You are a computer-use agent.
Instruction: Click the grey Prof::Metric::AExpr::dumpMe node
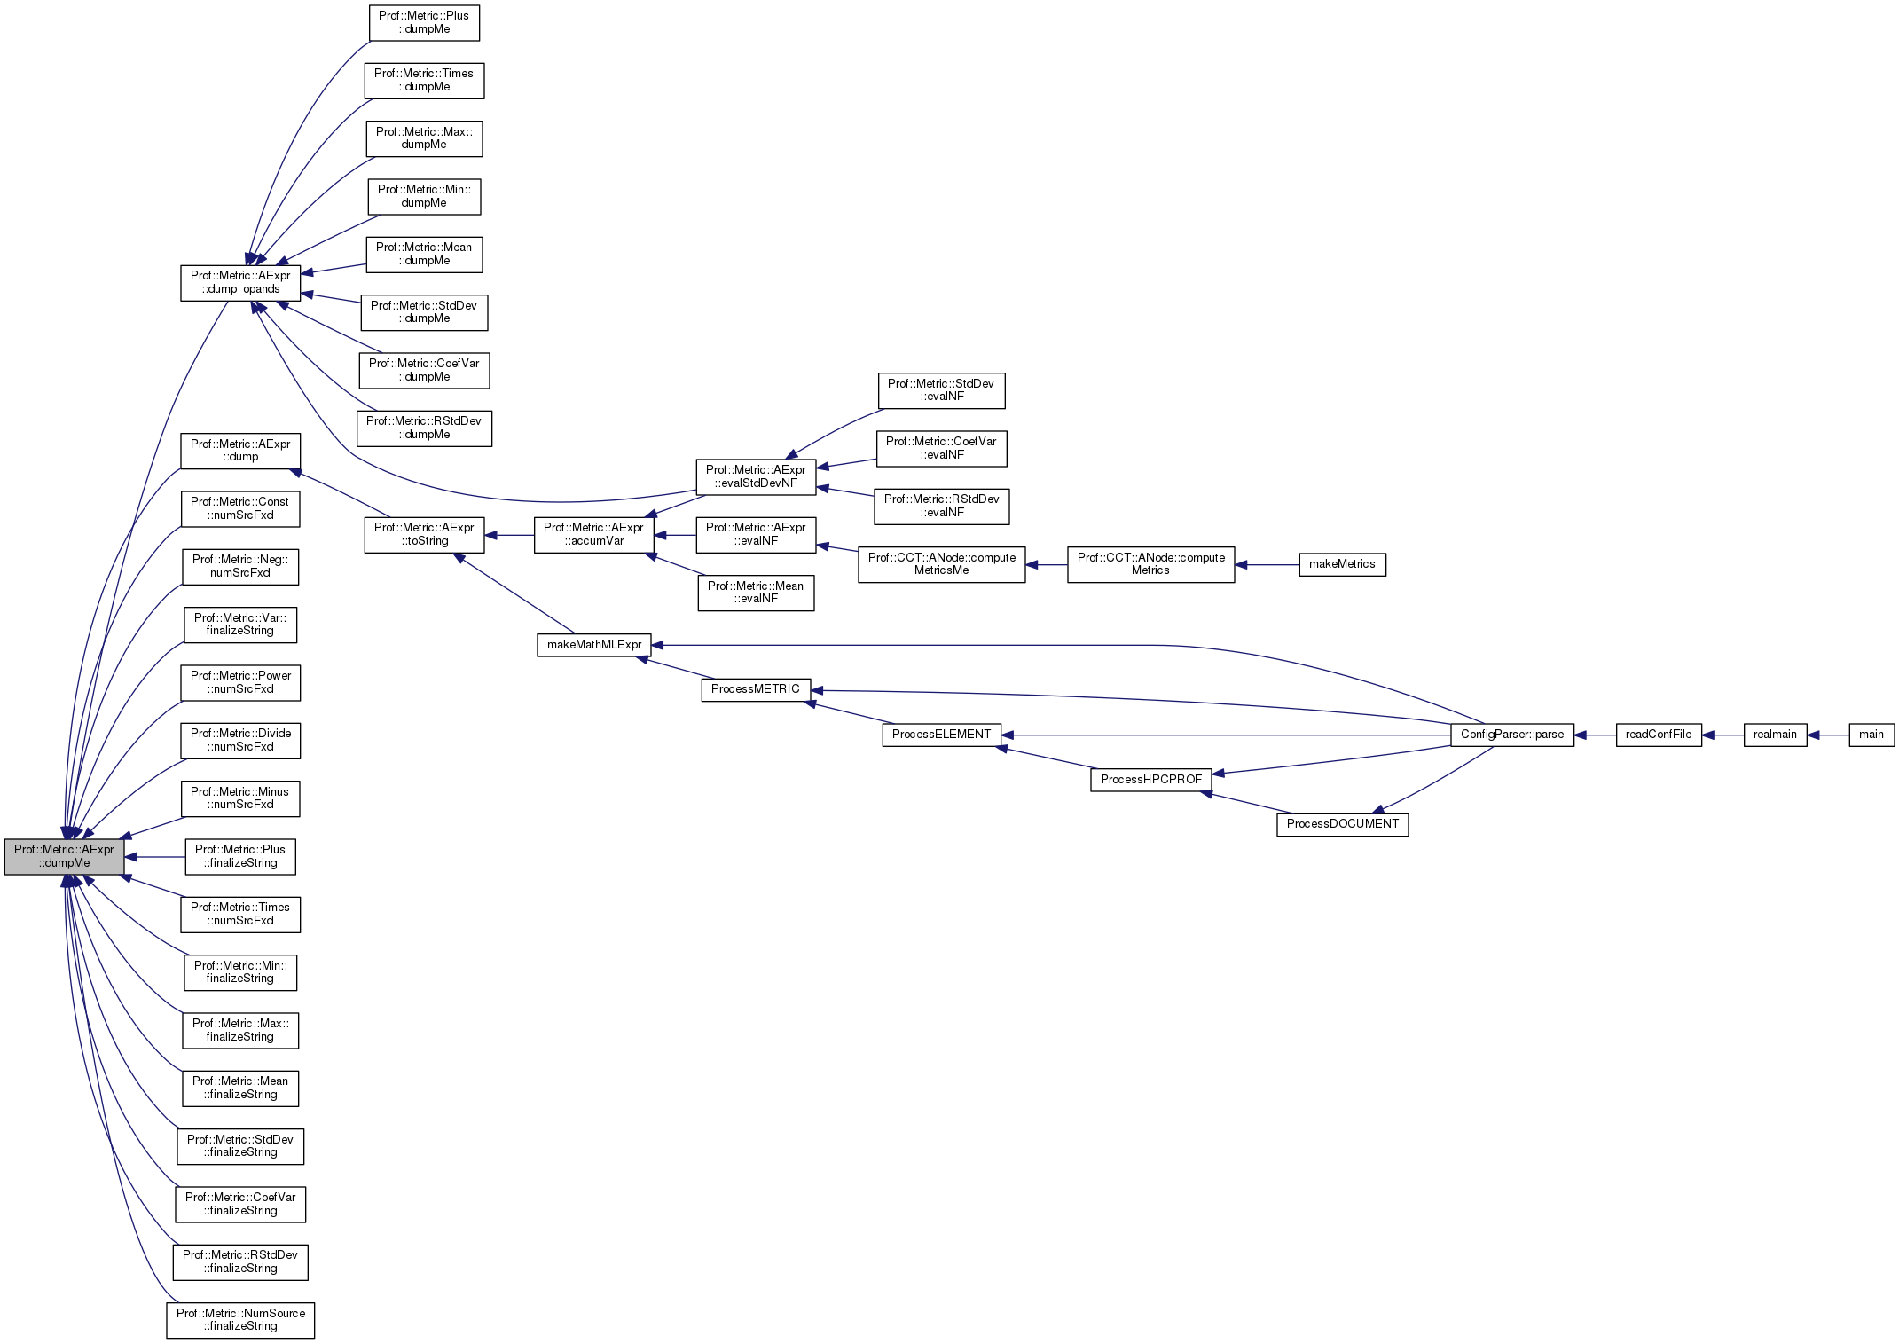click(x=64, y=856)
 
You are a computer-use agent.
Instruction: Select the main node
click(x=1871, y=735)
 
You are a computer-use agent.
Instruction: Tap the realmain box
click(x=1774, y=735)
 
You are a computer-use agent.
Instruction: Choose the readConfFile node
click(x=1658, y=735)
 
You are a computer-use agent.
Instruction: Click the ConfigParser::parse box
click(x=1511, y=735)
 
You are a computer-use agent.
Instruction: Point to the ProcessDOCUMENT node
click(x=1342, y=824)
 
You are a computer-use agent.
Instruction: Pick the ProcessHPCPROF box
click(x=1150, y=779)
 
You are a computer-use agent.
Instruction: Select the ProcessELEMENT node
click(x=941, y=735)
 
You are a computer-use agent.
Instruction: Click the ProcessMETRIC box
click(x=755, y=689)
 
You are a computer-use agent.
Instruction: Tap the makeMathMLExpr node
click(x=593, y=645)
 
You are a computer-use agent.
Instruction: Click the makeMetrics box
click(x=1341, y=564)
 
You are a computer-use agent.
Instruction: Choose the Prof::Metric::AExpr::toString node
click(x=424, y=534)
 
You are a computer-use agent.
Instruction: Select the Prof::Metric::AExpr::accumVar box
click(x=593, y=534)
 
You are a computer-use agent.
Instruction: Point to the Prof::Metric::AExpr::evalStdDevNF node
click(x=755, y=476)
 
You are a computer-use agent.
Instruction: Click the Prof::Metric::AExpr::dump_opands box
click(x=240, y=282)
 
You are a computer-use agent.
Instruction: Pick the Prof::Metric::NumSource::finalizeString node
click(x=240, y=1319)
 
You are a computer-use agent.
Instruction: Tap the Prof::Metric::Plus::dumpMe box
click(x=424, y=22)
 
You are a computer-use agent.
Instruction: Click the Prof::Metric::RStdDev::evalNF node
click(x=941, y=506)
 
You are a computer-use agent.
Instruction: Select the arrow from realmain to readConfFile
click(x=1722, y=735)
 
